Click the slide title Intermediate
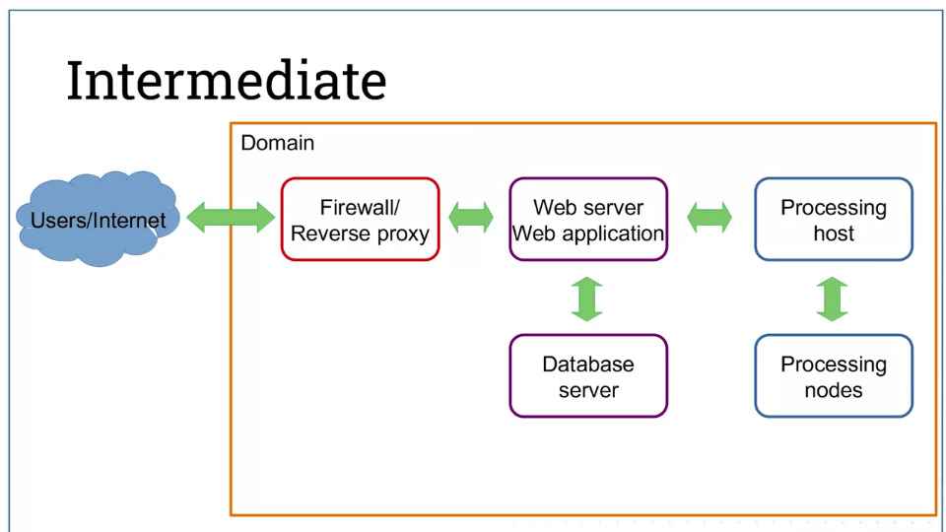tap(227, 80)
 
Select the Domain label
tap(278, 143)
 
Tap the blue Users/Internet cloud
tap(99, 219)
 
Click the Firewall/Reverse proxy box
tap(361, 219)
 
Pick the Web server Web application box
tap(588, 219)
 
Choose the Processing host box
tap(834, 219)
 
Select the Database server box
tap(588, 375)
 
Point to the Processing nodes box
tap(834, 375)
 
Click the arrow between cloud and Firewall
tap(231, 217)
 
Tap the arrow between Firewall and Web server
tap(471, 217)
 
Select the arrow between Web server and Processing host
tap(709, 217)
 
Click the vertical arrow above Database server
tap(587, 299)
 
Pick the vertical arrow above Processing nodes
tap(833, 299)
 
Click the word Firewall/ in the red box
tap(360, 208)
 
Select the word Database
tap(588, 365)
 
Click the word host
tap(834, 233)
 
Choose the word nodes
tap(834, 390)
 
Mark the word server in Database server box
tap(589, 391)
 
